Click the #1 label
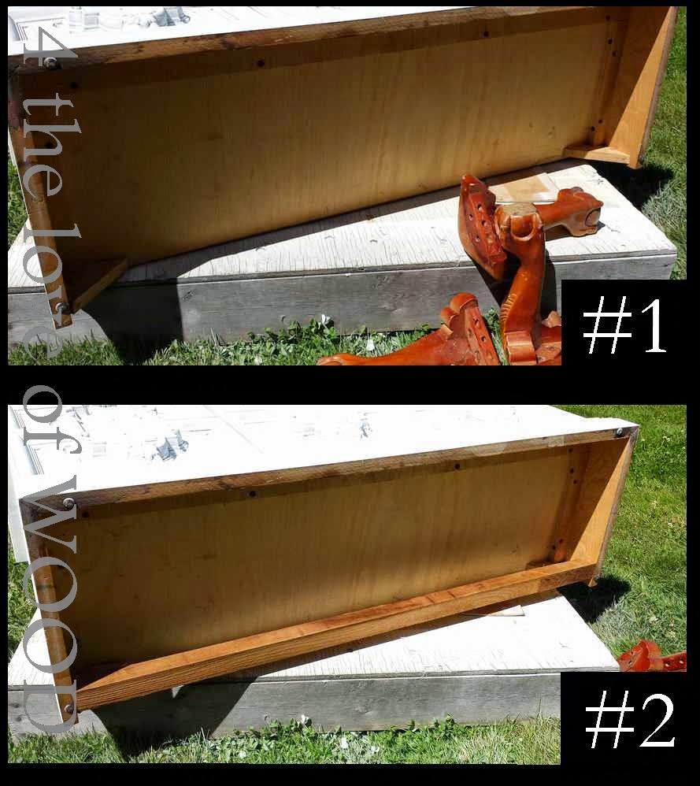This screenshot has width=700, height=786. click(624, 324)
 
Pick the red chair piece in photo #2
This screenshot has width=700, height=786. click(650, 657)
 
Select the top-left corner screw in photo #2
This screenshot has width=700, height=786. click(69, 502)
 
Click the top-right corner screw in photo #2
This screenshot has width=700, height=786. click(621, 432)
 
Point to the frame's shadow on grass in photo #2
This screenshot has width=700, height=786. click(602, 595)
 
